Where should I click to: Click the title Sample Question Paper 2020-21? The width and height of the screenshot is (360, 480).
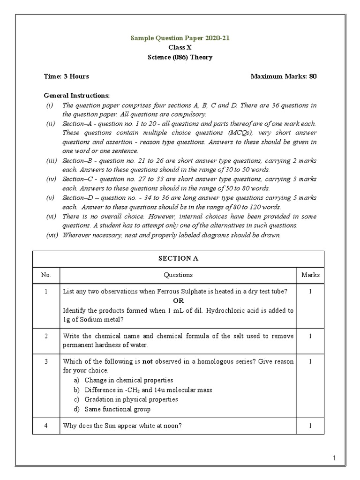point(180,38)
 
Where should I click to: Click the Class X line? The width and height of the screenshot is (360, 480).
point(180,47)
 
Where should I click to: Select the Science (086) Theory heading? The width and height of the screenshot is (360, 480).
point(180,57)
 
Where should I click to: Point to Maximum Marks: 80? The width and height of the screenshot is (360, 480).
point(284,76)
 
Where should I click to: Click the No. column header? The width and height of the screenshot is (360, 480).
point(46,275)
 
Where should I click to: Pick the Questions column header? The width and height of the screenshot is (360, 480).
point(178,275)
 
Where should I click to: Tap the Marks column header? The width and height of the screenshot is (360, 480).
point(310,275)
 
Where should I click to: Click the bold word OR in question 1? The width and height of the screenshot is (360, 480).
point(178,300)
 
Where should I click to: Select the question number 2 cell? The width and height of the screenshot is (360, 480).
point(46,336)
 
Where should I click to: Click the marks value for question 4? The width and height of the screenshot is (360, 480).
point(310,426)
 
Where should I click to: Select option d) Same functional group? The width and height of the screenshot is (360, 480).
point(117,409)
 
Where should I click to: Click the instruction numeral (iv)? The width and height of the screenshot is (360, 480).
point(51,180)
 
